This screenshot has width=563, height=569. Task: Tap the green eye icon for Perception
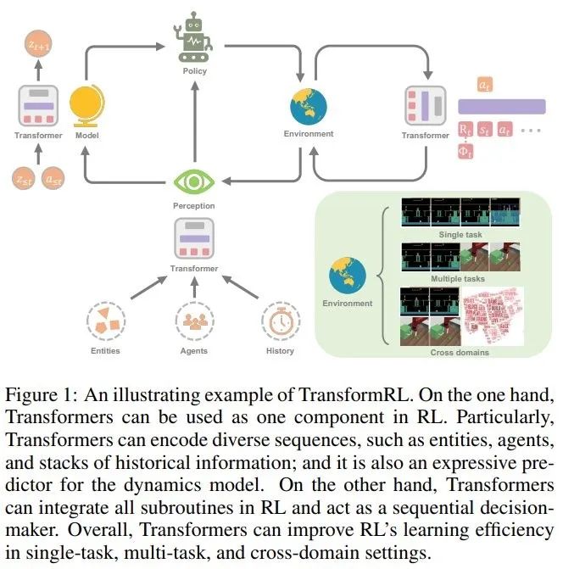(195, 180)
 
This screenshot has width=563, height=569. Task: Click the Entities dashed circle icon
(105, 323)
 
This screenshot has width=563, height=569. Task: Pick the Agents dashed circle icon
(194, 323)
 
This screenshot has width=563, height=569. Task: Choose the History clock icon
(280, 323)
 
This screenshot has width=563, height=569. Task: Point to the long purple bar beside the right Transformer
(501, 107)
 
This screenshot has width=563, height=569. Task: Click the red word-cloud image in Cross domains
(491, 315)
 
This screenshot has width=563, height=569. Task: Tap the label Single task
(460, 234)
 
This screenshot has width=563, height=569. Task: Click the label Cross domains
(459, 351)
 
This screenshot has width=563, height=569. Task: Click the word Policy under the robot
(195, 71)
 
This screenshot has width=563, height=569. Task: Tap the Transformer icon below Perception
(195, 240)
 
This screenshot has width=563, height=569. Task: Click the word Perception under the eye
(195, 205)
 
